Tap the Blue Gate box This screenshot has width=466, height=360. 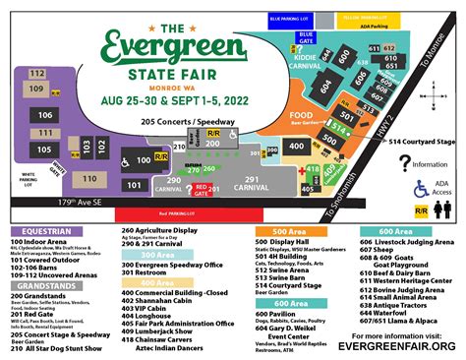pos(306,37)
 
